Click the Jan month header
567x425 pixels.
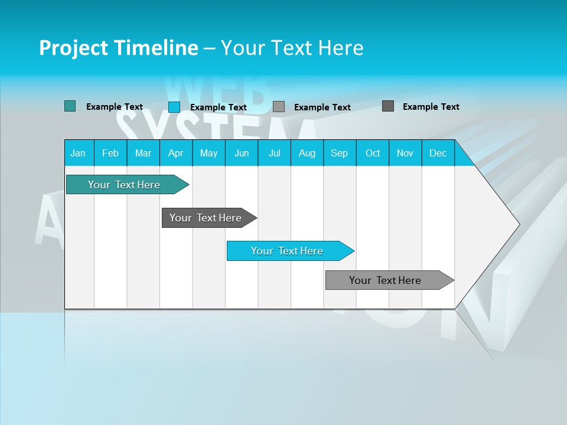pos(79,153)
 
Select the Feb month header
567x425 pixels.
pos(110,153)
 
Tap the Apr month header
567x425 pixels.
pos(175,153)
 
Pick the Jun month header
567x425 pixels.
pos(242,153)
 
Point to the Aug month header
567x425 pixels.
pos(307,153)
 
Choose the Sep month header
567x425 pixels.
pos(339,153)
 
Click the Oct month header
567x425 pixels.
pos(373,153)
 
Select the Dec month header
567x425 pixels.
pos(438,153)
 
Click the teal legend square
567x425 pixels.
pos(70,106)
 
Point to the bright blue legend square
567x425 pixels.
pos(174,107)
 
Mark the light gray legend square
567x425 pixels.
pos(279,107)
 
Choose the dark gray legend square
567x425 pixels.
pos(388,106)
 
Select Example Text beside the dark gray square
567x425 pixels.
pos(431,107)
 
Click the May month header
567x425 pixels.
pos(208,153)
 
